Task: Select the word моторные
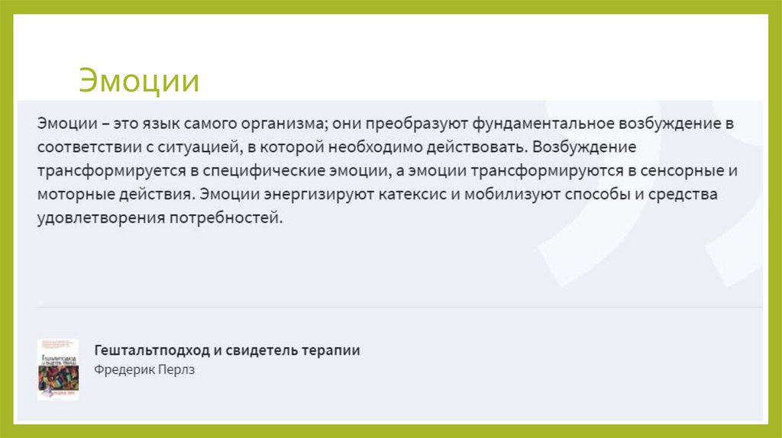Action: point(69,194)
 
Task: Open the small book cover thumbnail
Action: point(58,369)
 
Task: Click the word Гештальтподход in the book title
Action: point(151,350)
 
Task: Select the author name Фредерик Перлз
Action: point(145,370)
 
